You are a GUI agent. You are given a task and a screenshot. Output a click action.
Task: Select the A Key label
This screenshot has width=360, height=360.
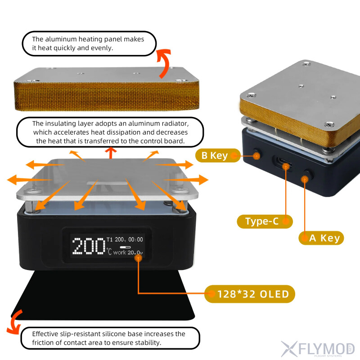321,238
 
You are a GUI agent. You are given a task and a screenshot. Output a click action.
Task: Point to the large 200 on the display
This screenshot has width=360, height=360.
88,246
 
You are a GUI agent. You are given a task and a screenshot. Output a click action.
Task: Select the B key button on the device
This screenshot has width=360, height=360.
257,156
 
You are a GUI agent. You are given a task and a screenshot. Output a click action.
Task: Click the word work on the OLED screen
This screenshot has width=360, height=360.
120,252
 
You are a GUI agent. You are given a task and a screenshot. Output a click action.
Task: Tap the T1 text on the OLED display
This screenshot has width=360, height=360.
110,239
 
